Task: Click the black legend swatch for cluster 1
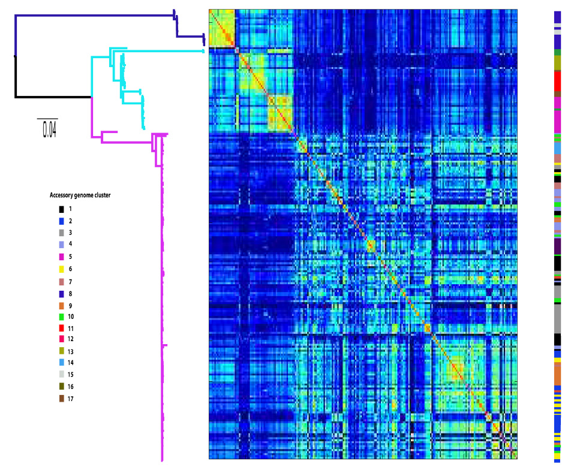pyautogui.click(x=62, y=209)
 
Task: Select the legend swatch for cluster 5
pyautogui.click(x=62, y=257)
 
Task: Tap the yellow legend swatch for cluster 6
pyautogui.click(x=62, y=269)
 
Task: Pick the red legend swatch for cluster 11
pyautogui.click(x=62, y=329)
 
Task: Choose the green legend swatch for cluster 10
pyautogui.click(x=62, y=317)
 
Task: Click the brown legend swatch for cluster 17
pyautogui.click(x=62, y=399)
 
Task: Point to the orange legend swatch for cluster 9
pyautogui.click(x=62, y=306)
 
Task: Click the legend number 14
pyautogui.click(x=71, y=363)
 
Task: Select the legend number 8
pyautogui.click(x=70, y=294)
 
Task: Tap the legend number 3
pyautogui.click(x=70, y=233)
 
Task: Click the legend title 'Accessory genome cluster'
pyautogui.click(x=80, y=195)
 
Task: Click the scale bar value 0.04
pyautogui.click(x=50, y=130)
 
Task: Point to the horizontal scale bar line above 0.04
pyautogui.click(x=47, y=119)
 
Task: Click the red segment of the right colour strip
pyautogui.click(x=558, y=81)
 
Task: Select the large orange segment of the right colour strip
pyautogui.click(x=558, y=374)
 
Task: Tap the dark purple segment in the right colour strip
pyautogui.click(x=558, y=246)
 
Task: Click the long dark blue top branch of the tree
pyautogui.click(x=95, y=16)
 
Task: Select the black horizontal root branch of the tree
pyautogui.click(x=53, y=97)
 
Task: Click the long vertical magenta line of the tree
pyautogui.click(x=162, y=299)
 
